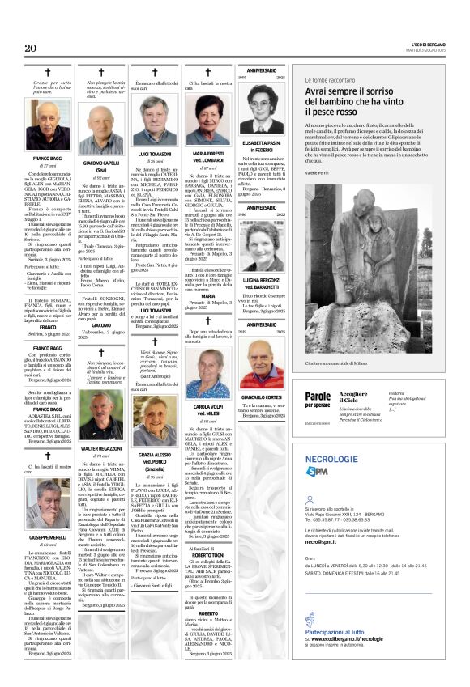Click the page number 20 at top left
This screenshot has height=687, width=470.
pyautogui.click(x=32, y=49)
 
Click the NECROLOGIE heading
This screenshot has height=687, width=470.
pyautogui.click(x=331, y=458)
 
